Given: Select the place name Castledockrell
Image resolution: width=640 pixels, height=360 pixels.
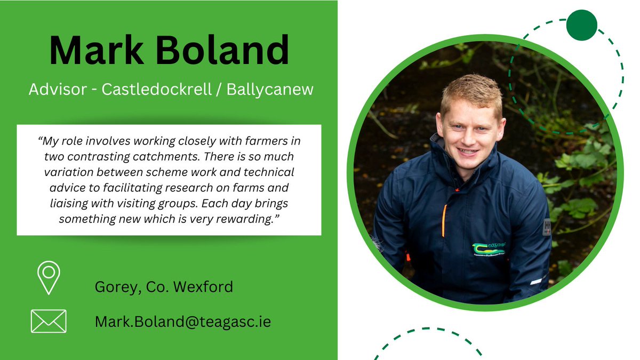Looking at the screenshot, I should tap(154, 90).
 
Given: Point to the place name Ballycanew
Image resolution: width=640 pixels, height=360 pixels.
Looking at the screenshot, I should tap(270, 90).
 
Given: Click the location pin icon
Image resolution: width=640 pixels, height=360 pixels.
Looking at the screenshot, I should tap(49, 277).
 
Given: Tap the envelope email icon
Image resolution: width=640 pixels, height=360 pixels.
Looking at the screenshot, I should tap(49, 321).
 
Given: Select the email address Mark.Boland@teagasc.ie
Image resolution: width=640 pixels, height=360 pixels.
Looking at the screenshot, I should tap(183, 322).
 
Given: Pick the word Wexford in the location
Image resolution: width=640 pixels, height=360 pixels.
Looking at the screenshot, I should tap(206, 287).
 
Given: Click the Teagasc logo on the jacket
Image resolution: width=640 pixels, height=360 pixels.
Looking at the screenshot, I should tap(488, 249).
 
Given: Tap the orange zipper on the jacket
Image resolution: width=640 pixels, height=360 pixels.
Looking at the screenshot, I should tap(444, 220).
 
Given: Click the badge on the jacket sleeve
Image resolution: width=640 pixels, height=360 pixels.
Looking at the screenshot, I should tap(546, 227).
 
